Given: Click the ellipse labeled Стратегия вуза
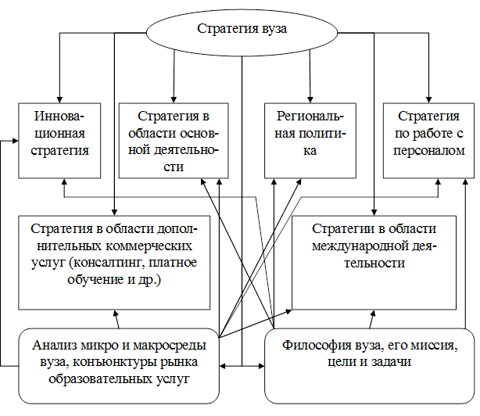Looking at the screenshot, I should click(x=242, y=30).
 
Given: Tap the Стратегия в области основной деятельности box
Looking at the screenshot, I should click(x=173, y=138).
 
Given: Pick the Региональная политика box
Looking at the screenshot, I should click(x=311, y=138).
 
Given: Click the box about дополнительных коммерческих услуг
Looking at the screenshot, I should click(x=115, y=260).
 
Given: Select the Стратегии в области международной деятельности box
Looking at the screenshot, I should click(x=374, y=260).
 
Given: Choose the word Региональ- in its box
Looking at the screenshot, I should click(x=311, y=116).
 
